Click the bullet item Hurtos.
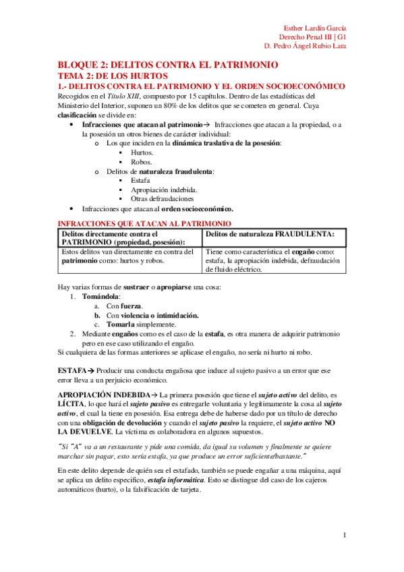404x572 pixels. (x=140, y=153)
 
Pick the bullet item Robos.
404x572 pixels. (x=140, y=163)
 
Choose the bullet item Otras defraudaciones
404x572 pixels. (x=163, y=199)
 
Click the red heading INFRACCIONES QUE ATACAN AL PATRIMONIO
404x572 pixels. (x=144, y=223)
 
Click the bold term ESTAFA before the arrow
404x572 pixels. (x=71, y=370)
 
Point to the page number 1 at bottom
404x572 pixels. (x=344, y=536)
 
